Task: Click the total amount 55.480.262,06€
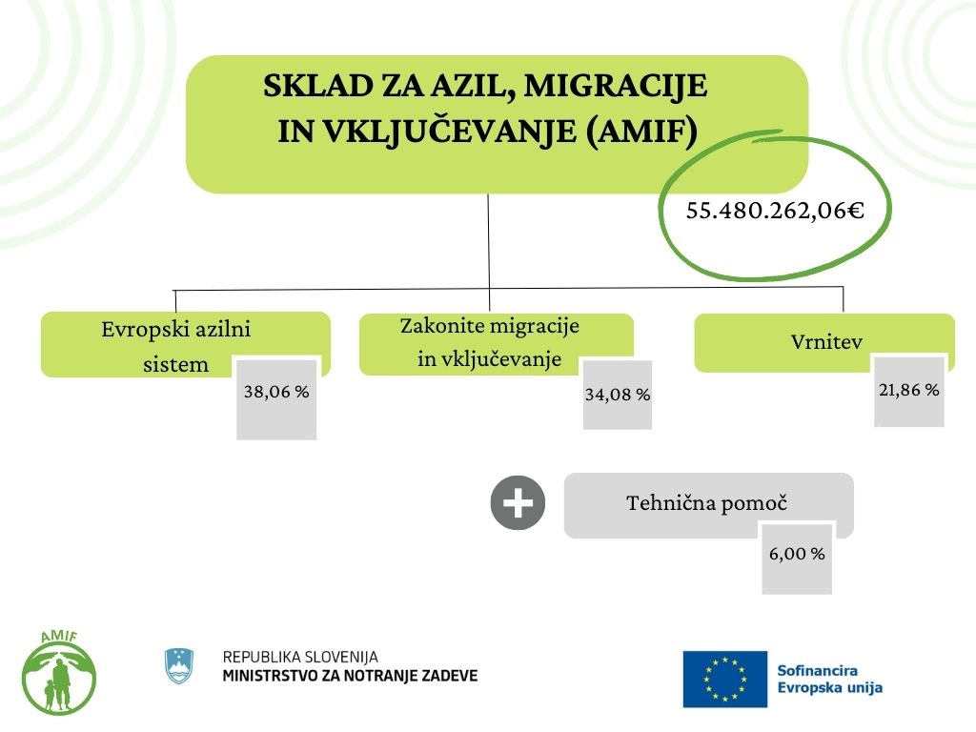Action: click(775, 211)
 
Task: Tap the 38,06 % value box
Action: click(276, 392)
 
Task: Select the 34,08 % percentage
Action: click(618, 394)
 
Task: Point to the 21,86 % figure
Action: click(908, 390)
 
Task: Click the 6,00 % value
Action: click(797, 554)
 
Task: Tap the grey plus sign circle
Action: click(518, 502)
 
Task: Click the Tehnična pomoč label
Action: click(707, 502)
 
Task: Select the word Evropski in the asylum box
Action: click(142, 330)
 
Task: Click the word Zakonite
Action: click(439, 326)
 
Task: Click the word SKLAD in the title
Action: click(306, 87)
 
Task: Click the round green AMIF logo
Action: click(58, 673)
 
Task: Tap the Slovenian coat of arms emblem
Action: click(179, 665)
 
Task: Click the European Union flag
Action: click(724, 679)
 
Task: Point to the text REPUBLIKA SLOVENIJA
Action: click(300, 657)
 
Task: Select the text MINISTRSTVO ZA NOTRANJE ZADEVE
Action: click(350, 676)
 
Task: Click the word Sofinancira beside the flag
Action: click(819, 670)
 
